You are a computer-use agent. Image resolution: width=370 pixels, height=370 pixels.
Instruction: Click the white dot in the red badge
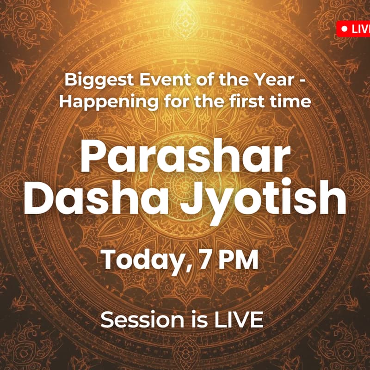coord(344,29)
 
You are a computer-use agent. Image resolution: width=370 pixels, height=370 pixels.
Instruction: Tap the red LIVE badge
coord(354,29)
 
